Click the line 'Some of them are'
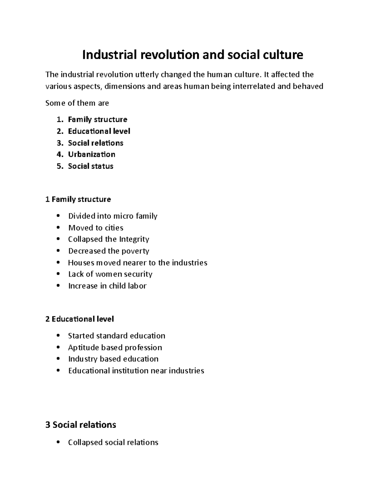tap(77, 103)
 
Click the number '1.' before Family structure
tap(60, 120)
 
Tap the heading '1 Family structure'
tap(78, 200)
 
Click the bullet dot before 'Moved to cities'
tap(58, 227)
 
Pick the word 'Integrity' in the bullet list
tap(134, 239)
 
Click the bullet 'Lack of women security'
tap(110, 274)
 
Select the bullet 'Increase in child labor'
tap(107, 286)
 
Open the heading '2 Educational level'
tap(80, 319)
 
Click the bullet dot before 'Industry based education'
tap(58, 359)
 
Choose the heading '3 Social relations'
tap(81, 425)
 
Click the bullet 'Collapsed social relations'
tap(113, 442)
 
